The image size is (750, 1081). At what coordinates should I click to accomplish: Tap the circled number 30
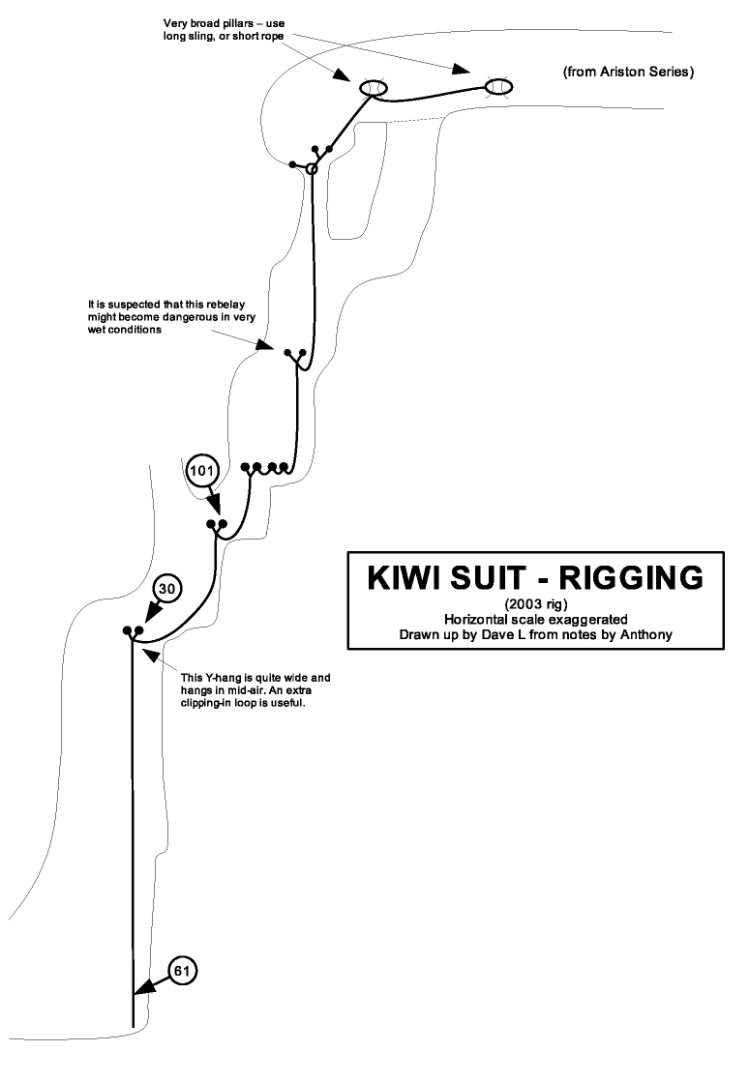tap(166, 588)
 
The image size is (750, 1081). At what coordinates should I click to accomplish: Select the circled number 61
tap(182, 968)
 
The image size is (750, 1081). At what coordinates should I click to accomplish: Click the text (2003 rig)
tap(523, 604)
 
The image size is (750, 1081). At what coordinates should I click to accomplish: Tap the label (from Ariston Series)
tap(628, 73)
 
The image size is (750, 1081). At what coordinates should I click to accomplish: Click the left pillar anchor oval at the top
tap(374, 89)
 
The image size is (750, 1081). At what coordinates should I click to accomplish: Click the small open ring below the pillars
tap(312, 169)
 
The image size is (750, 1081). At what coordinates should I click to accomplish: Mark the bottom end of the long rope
tap(133, 1023)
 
